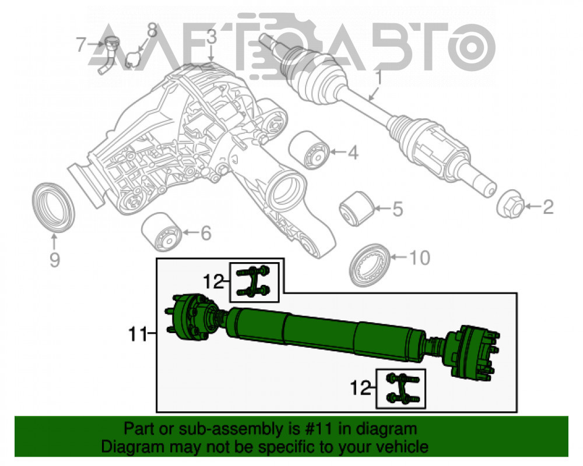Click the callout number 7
click(x=81, y=45)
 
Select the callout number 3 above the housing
click(x=211, y=37)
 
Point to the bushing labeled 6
click(x=161, y=231)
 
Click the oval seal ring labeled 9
click(x=53, y=207)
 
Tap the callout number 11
click(x=138, y=334)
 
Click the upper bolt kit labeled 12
click(x=253, y=281)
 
